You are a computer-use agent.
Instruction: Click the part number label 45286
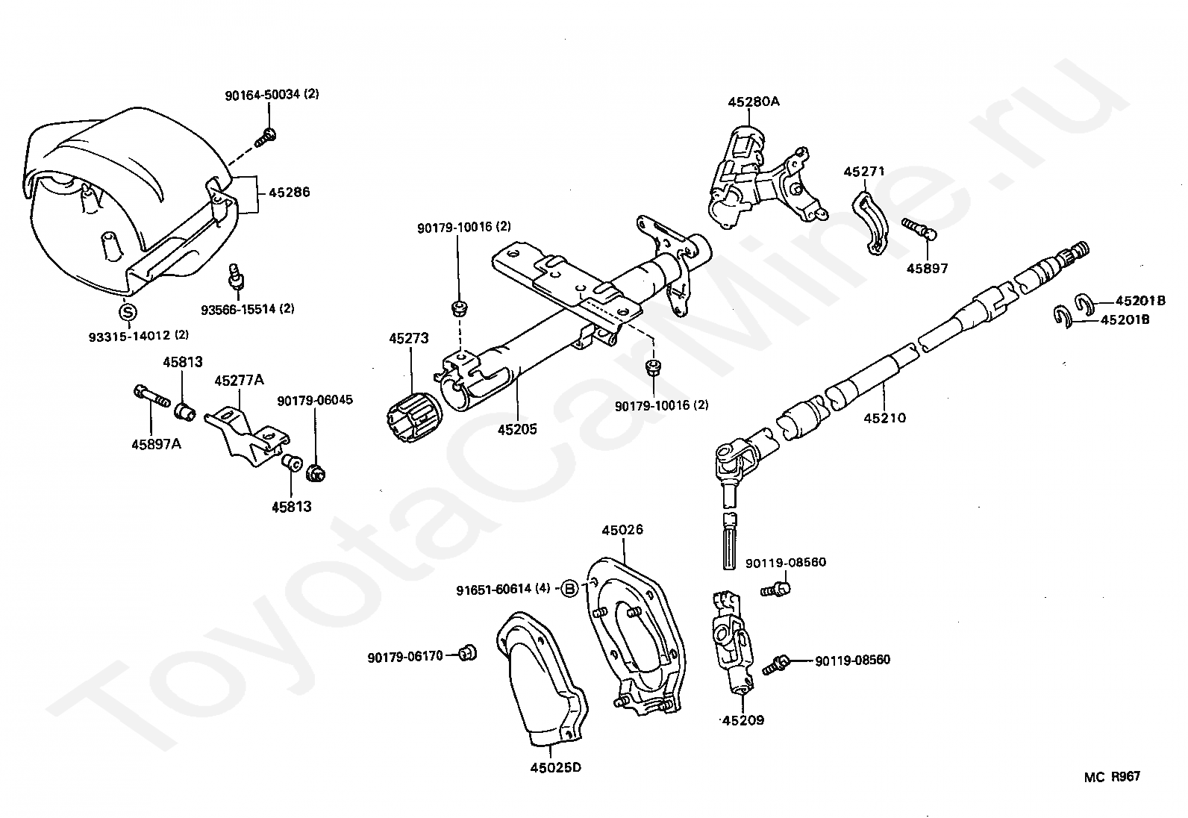(x=290, y=193)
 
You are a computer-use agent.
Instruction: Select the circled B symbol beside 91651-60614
(x=570, y=589)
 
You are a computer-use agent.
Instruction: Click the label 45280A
(x=754, y=102)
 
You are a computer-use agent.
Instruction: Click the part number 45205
(x=517, y=430)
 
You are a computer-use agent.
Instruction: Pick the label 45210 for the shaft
(x=884, y=418)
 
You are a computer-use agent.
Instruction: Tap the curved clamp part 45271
(x=868, y=222)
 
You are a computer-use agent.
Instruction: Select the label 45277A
(x=239, y=381)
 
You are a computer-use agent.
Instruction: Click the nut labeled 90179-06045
(x=317, y=472)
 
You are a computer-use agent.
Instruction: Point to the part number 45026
(x=622, y=531)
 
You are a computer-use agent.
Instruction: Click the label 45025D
(x=555, y=767)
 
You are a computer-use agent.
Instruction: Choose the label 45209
(x=743, y=721)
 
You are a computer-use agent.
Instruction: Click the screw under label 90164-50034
(x=266, y=137)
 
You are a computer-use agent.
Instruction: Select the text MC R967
(x=1112, y=777)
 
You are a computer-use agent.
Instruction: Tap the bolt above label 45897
(x=919, y=228)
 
